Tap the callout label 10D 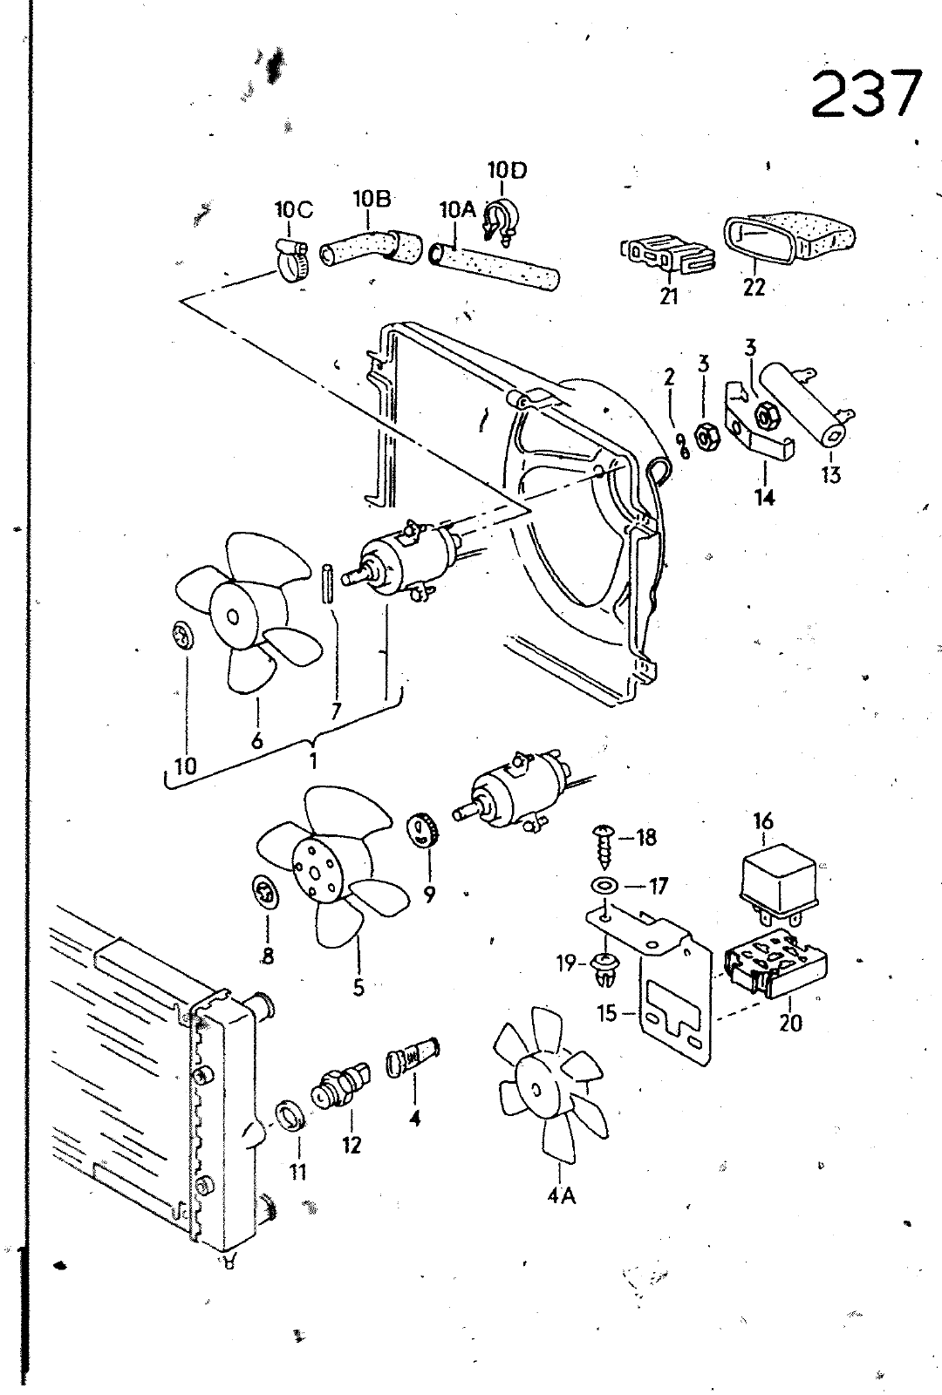click(x=507, y=170)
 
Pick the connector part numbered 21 click(x=667, y=255)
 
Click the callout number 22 click(x=754, y=289)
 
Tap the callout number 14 click(x=764, y=498)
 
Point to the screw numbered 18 click(x=604, y=847)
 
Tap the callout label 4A click(x=561, y=1196)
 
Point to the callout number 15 click(x=607, y=1014)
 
